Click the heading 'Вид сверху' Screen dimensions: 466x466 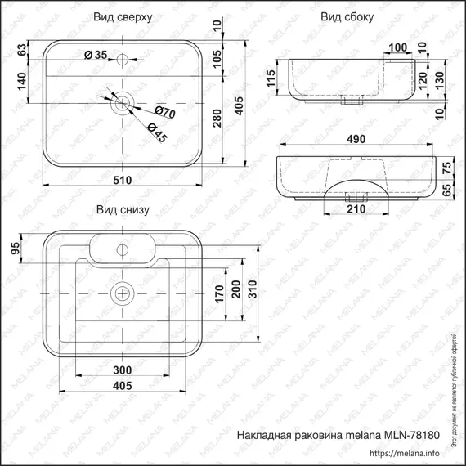(121, 16)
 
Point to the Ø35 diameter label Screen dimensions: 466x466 (96, 55)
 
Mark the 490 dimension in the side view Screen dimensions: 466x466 (355, 140)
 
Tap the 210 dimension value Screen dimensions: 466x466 (354, 210)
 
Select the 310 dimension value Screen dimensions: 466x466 (252, 289)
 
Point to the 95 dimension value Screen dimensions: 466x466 (14, 249)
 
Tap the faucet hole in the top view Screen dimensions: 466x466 (122, 58)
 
